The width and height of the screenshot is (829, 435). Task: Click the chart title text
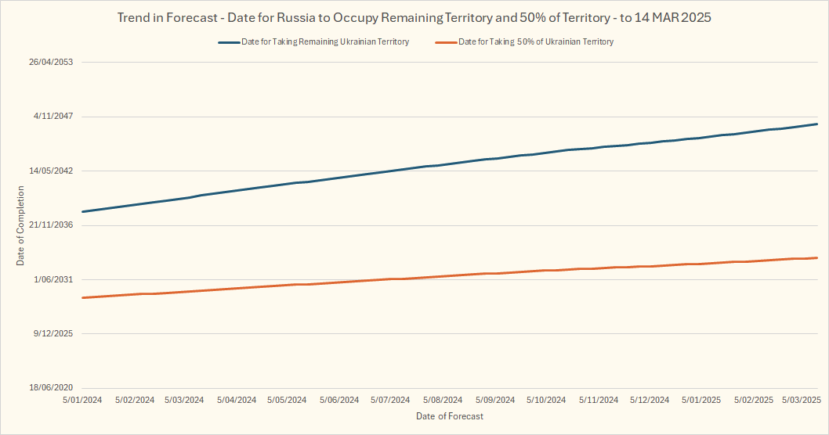[x=414, y=17]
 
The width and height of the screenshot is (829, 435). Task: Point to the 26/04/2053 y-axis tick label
[x=51, y=62]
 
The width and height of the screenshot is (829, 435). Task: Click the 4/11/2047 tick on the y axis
[x=53, y=117]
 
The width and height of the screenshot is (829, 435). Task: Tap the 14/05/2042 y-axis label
[x=51, y=171]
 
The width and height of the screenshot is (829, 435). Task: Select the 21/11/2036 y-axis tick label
[x=51, y=225]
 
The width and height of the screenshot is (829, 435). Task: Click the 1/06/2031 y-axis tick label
[x=53, y=279]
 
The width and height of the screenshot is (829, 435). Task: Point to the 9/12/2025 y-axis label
[x=53, y=333]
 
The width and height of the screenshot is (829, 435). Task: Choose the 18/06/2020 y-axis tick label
[x=51, y=388]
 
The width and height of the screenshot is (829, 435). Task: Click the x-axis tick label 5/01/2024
[x=82, y=400]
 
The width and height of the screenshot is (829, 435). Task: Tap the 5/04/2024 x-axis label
[x=237, y=400]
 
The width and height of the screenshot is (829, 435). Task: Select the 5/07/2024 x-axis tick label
[x=390, y=400]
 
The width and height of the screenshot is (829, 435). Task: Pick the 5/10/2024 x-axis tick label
[x=545, y=400]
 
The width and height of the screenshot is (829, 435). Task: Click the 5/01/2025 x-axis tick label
[x=701, y=400]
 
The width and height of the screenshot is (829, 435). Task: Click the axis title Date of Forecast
[x=450, y=416]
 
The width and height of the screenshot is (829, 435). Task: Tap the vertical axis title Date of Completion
[x=20, y=225]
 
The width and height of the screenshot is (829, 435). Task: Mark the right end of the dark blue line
[x=817, y=124]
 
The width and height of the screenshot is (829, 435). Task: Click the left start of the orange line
[x=82, y=297]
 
